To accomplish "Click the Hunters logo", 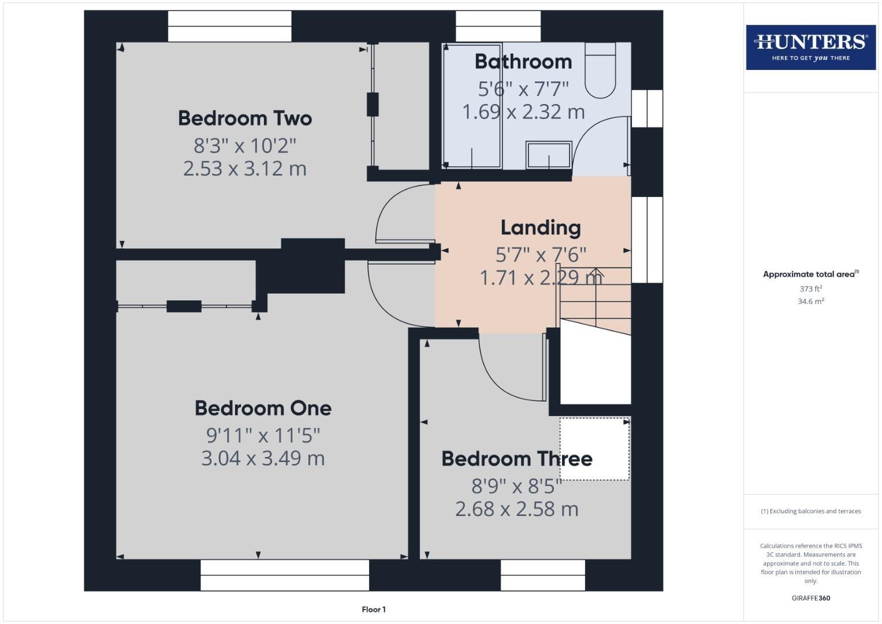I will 810,47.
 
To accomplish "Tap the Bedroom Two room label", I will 245,118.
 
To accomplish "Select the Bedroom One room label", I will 263,408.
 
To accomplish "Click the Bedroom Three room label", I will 516,459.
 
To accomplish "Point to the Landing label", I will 540,228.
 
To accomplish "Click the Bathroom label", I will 523,62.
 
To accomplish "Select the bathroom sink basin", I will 548,155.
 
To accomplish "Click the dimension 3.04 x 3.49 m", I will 263,458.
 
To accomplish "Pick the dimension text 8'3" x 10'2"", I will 245,145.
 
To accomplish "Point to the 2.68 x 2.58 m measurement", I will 516,509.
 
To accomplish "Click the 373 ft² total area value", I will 810,289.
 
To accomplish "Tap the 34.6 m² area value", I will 810,301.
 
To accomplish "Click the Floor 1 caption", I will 374,610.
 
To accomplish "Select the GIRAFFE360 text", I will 810,598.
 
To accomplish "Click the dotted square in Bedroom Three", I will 594,449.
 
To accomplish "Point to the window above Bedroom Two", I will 229,27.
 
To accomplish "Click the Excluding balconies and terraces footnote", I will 810,511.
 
